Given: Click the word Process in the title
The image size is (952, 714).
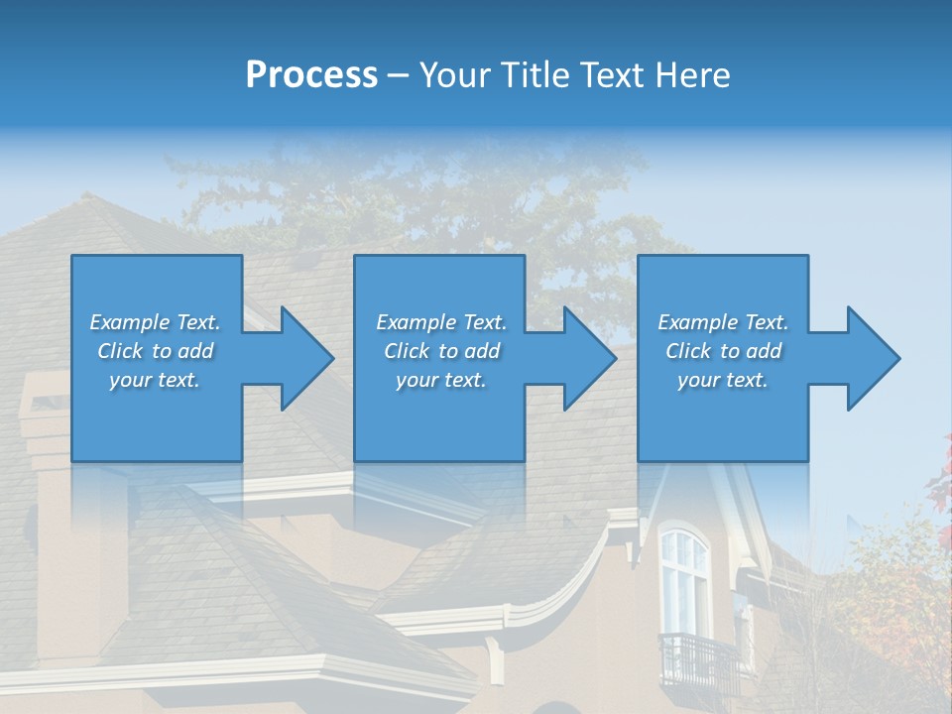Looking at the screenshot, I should (x=311, y=75).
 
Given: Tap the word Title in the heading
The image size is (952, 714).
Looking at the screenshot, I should (x=532, y=75).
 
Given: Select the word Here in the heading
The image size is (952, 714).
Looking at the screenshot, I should (x=690, y=75).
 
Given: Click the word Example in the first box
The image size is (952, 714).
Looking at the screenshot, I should (x=129, y=322).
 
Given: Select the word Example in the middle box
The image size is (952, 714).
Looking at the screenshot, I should (x=416, y=322).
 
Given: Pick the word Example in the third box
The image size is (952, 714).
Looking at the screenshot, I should (x=697, y=322).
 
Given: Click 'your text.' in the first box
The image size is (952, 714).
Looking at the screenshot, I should (x=155, y=380).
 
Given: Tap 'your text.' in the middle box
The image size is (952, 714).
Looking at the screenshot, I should (x=440, y=380).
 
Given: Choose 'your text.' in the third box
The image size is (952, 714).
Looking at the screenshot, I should (x=723, y=380).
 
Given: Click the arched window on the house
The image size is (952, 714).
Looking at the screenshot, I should (x=684, y=580).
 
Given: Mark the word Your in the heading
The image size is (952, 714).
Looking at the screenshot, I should (x=457, y=75).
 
